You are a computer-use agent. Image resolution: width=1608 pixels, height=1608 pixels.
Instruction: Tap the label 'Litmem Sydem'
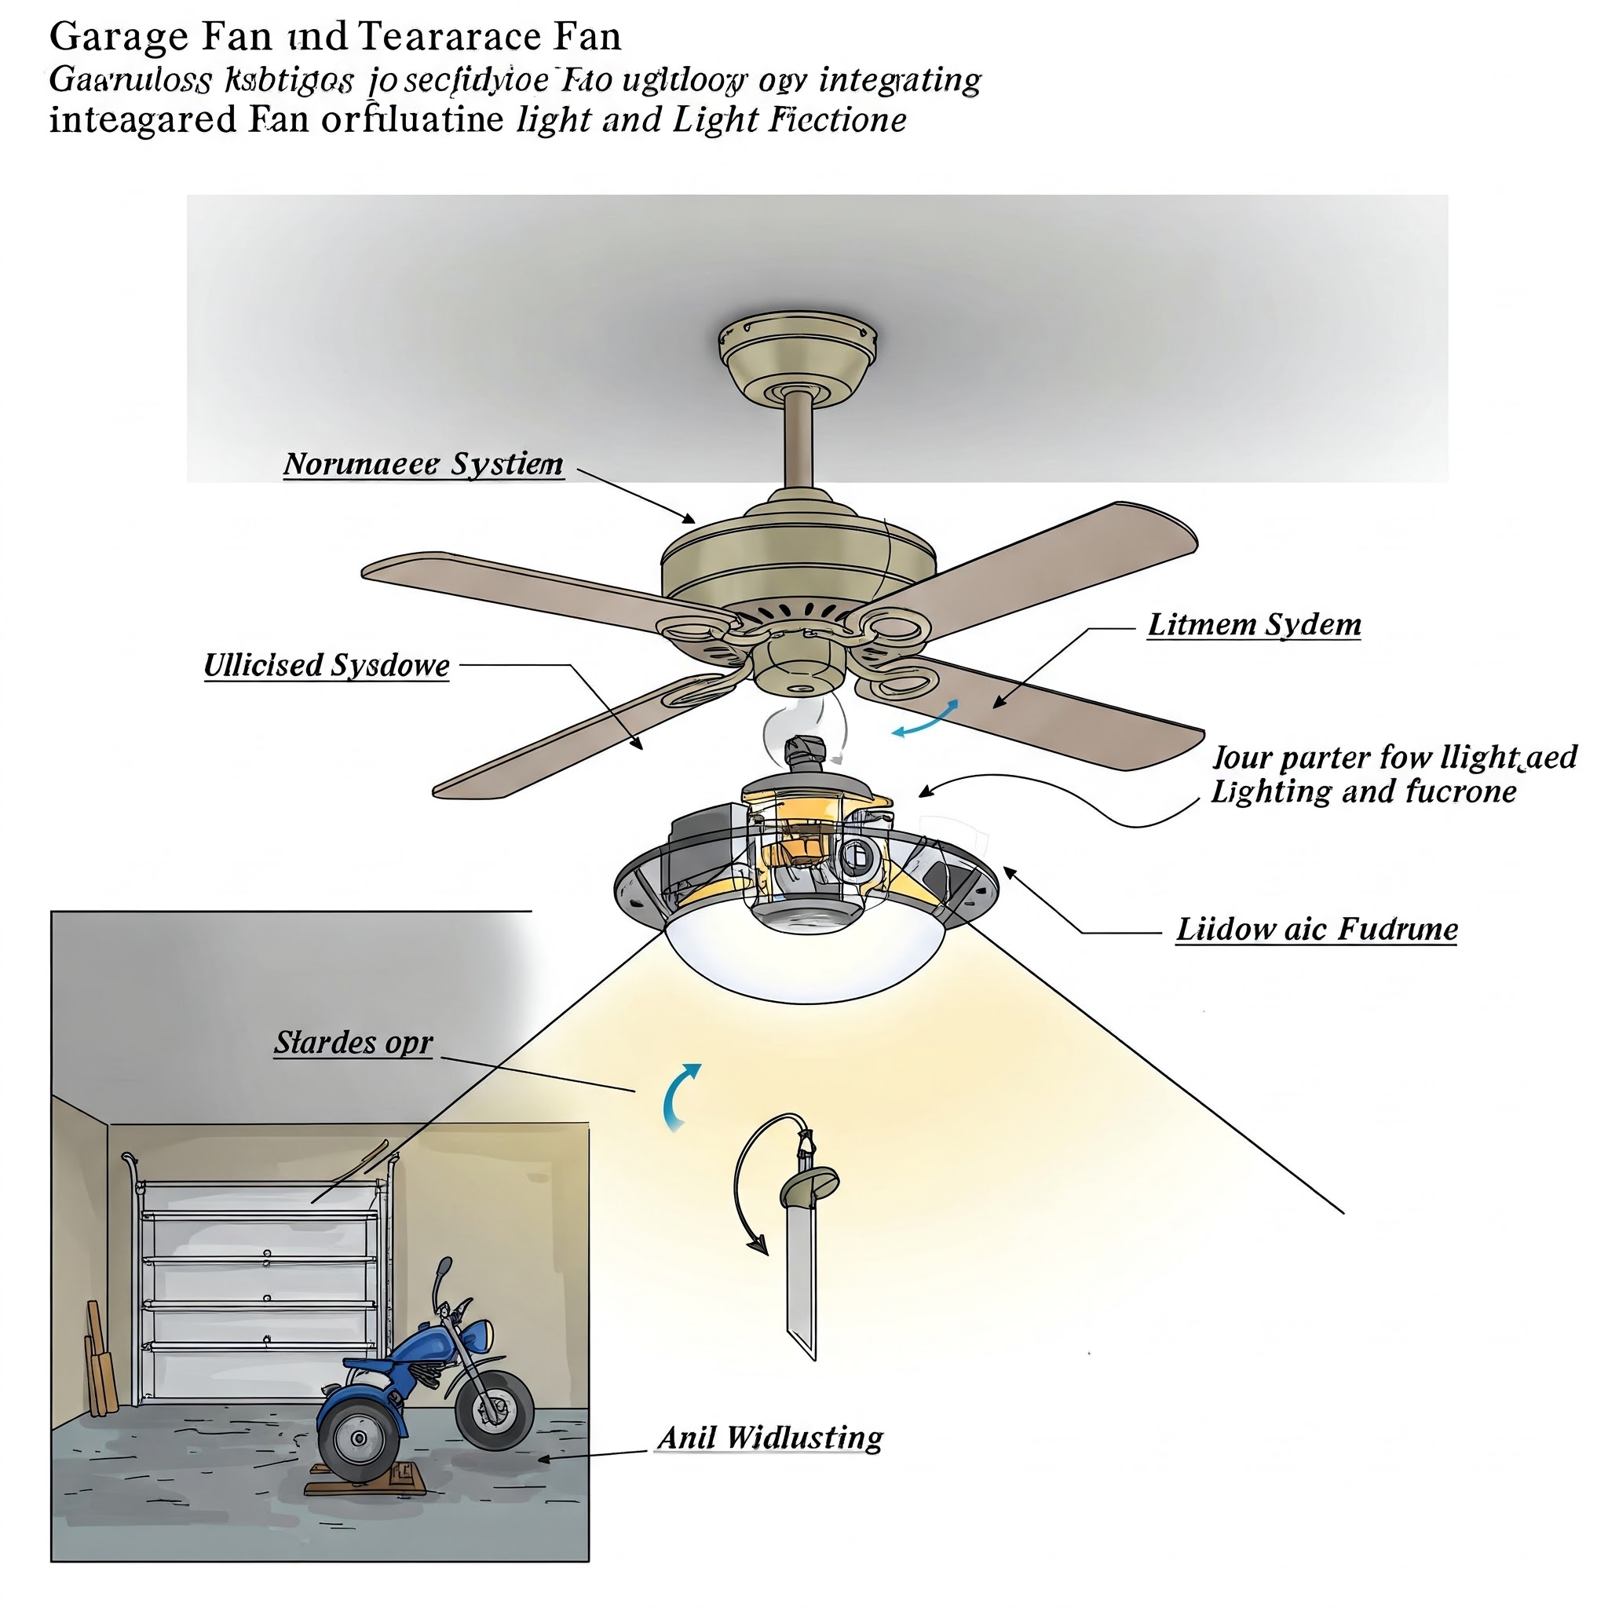coord(1253,625)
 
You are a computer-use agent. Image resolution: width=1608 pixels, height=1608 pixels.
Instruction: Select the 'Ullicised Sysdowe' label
coord(327,666)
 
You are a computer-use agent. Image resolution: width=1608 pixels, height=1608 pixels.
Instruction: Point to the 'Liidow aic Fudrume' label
coord(1316,930)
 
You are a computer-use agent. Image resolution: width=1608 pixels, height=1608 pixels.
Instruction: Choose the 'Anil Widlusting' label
coord(770,1438)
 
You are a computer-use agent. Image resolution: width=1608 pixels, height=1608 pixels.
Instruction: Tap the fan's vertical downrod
coord(799,441)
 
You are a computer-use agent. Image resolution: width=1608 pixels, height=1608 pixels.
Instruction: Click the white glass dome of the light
coord(806,957)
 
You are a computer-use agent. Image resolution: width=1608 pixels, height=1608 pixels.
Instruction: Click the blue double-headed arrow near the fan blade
coord(926,718)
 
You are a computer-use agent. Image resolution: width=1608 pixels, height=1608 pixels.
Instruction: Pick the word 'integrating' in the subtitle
coord(900,81)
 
